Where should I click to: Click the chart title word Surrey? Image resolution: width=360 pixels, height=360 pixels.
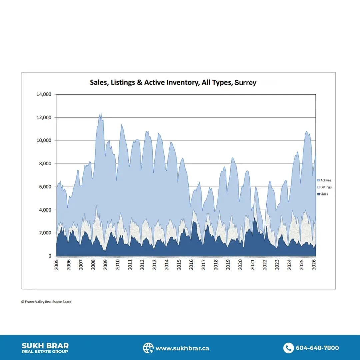[245, 82]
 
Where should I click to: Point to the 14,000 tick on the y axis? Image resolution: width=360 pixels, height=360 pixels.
[44, 94]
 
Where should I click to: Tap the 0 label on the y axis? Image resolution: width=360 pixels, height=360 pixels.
[50, 256]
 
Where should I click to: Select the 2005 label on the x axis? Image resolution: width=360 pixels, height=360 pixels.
[57, 265]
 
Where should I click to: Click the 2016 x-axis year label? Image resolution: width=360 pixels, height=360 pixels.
[191, 265]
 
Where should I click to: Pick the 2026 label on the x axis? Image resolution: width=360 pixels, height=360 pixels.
[314, 265]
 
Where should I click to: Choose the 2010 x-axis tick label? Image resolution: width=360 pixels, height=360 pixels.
[118, 265]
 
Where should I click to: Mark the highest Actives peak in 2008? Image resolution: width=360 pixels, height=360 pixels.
[101, 113]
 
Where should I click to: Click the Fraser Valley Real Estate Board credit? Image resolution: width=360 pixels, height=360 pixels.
[46, 302]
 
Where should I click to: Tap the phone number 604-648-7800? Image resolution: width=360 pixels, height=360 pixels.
[317, 348]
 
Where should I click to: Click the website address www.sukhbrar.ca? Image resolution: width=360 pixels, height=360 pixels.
[182, 348]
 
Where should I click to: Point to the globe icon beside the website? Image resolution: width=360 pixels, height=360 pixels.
[148, 348]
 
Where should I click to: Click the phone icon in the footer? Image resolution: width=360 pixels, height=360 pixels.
[288, 348]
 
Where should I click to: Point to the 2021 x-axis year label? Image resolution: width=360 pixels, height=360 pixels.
[253, 265]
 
